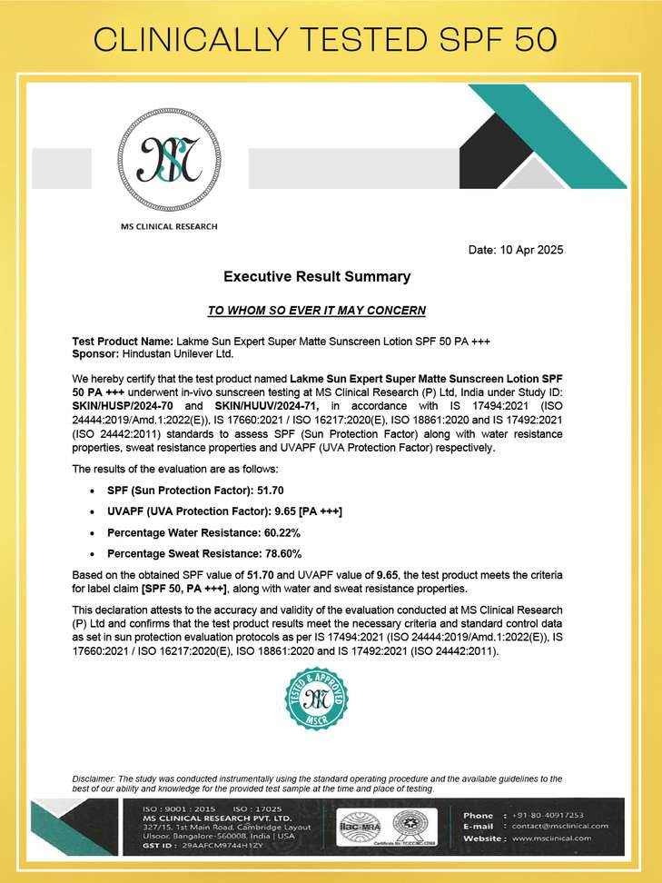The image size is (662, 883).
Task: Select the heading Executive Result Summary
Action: (317, 276)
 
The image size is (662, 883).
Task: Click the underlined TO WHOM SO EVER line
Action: (317, 311)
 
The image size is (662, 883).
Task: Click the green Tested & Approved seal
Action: (316, 699)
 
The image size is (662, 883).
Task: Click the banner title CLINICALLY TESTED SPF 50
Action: (331, 40)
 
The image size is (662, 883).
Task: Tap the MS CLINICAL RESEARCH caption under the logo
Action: (169, 226)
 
